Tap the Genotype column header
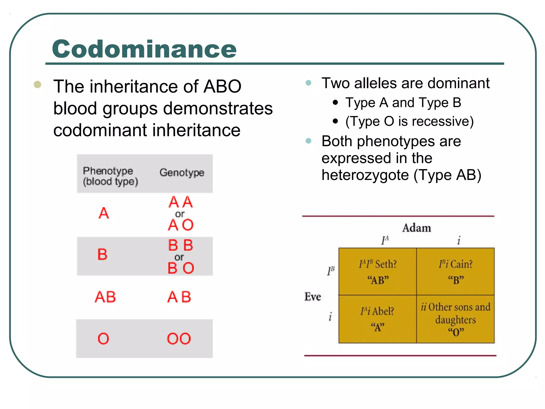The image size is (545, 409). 182,173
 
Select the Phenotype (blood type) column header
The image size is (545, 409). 110,176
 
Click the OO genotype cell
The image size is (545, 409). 179,339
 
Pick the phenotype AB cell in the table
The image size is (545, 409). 105,297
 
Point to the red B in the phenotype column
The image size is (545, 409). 102,254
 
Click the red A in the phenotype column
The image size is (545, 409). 104,213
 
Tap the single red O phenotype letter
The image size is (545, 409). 103,339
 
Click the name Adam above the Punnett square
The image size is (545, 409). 416,228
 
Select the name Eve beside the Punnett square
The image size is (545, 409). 313,297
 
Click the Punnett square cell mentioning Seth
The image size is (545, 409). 378,272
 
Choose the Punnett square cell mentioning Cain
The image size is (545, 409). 455,272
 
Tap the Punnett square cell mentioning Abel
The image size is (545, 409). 378,319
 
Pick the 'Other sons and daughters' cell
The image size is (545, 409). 455,319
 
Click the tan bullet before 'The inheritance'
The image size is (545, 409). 38,84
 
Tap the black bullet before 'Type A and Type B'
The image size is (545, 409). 335,103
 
